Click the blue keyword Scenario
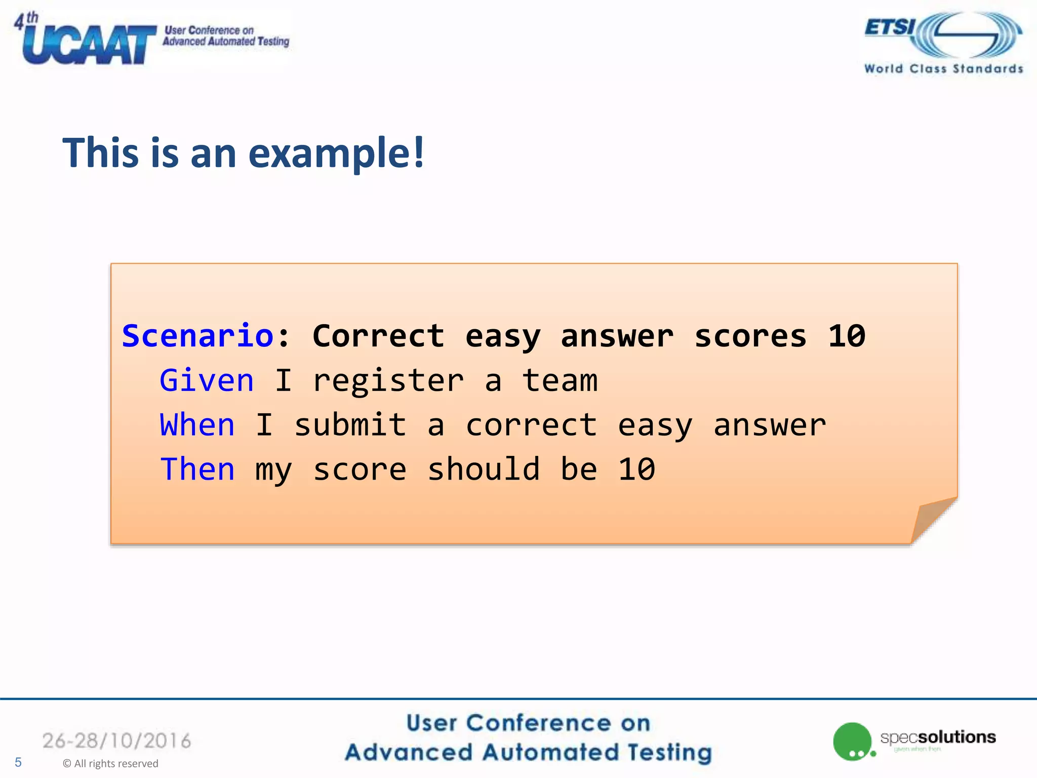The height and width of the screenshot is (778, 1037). click(198, 336)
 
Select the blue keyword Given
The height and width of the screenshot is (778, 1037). click(207, 380)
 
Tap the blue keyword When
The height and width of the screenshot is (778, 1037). click(197, 424)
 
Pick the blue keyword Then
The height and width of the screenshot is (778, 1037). click(197, 469)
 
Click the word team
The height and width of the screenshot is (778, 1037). click(560, 380)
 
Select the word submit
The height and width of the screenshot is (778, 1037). click(350, 424)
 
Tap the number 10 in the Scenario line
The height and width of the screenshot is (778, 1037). click(847, 336)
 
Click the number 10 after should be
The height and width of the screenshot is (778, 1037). click(636, 469)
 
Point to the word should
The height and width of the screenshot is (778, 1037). click(484, 469)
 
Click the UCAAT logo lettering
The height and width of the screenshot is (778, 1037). click(89, 45)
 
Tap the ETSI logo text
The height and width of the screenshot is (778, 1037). click(890, 27)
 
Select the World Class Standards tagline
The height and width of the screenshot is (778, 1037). click(944, 69)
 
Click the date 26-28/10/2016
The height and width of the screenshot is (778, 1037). click(117, 741)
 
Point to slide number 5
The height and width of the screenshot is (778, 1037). click(18, 762)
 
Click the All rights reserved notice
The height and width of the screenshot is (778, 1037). click(110, 763)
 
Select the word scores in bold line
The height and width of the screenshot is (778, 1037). click(750, 336)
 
